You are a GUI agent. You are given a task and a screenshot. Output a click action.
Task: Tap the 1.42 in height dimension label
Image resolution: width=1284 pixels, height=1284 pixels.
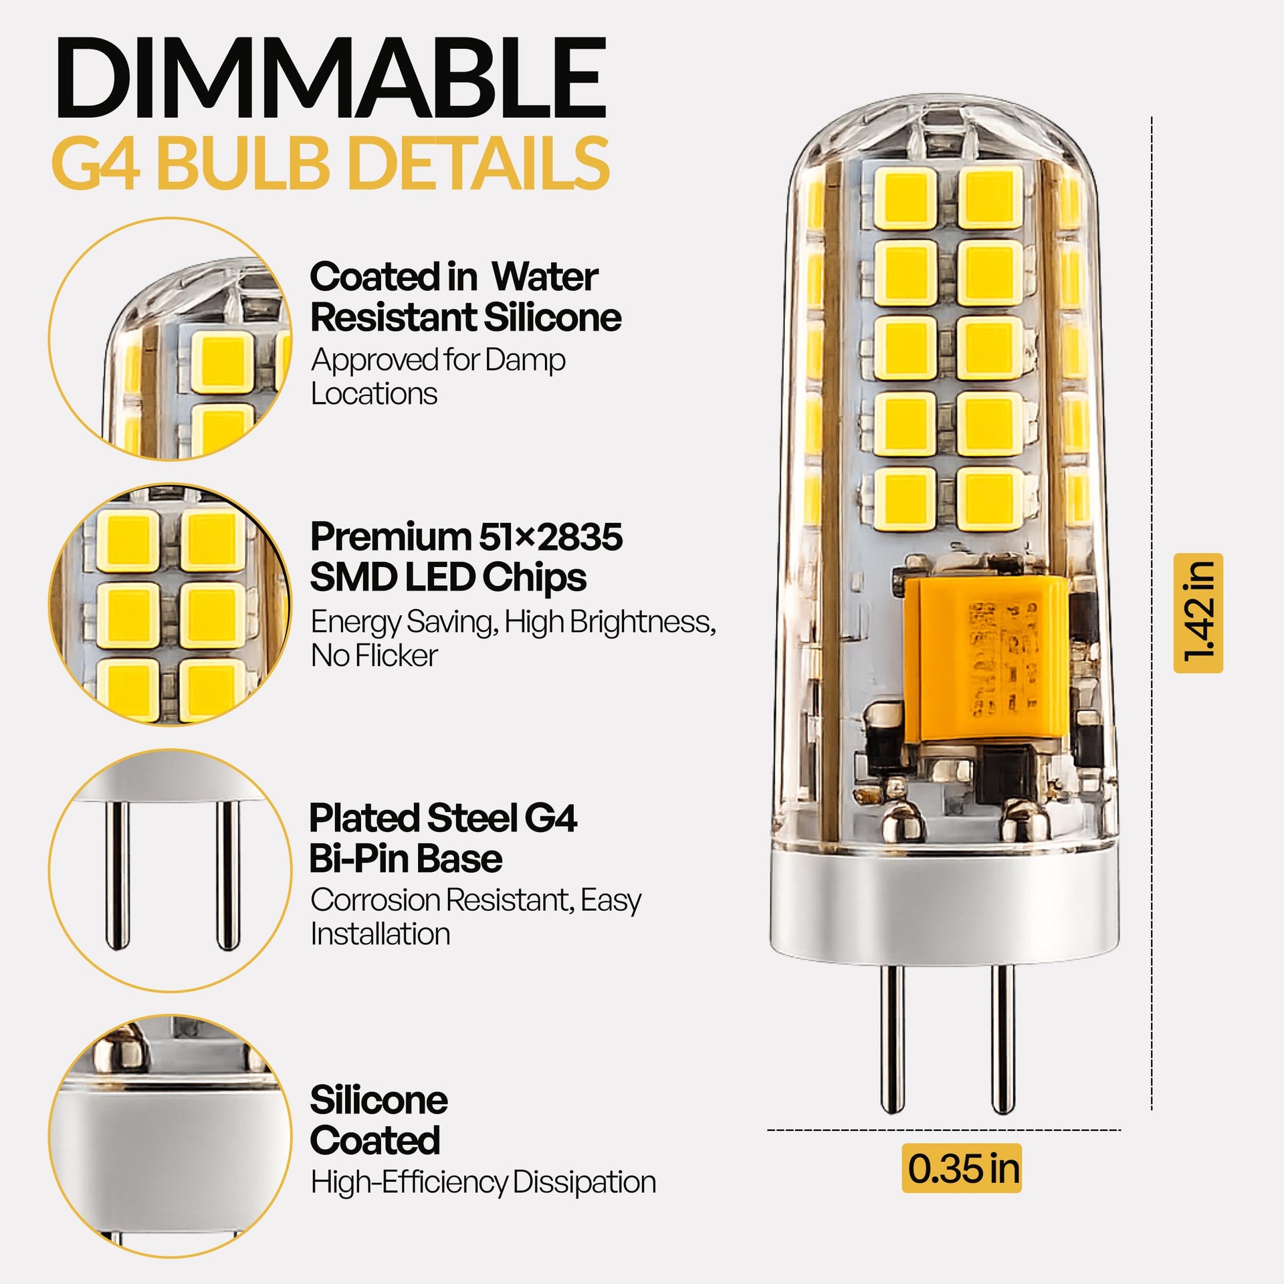1198,613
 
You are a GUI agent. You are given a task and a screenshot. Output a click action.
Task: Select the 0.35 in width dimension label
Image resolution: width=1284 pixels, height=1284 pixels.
962,1168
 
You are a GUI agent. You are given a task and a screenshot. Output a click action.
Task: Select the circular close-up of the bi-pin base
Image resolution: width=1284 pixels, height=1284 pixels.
171,870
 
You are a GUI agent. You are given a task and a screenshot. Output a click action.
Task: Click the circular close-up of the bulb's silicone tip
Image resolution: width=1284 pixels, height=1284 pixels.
171,339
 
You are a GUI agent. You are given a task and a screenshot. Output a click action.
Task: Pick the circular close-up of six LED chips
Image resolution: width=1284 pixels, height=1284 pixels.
171,605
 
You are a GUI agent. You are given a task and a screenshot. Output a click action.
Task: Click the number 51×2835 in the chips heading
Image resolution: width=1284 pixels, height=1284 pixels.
551,537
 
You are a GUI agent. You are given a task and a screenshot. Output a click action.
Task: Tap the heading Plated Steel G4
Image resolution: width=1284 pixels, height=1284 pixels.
443,818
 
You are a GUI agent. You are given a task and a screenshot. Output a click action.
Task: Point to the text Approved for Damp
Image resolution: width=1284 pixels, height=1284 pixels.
438,360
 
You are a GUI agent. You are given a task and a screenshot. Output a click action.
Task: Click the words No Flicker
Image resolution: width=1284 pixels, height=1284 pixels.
374,655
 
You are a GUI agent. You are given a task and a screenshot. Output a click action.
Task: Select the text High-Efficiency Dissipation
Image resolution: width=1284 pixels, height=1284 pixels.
484,1182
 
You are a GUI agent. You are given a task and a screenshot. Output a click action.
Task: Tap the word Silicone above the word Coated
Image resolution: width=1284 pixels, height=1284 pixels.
379,1100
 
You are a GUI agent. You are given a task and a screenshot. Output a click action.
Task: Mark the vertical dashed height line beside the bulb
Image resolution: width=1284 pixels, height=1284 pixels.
1152,613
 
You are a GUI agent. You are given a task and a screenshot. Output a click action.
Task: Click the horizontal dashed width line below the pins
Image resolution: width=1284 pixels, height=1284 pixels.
944,1130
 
